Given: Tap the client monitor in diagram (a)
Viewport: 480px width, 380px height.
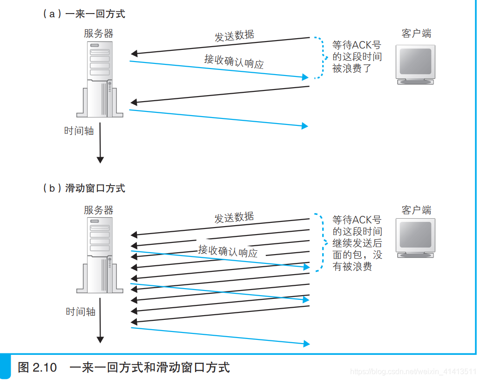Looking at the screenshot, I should [415, 64].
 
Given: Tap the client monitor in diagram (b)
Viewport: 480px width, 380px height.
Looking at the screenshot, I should [415, 238].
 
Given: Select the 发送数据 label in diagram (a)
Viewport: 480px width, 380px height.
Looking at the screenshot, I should [234, 36].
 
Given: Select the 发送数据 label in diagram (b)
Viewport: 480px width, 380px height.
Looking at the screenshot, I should [234, 217].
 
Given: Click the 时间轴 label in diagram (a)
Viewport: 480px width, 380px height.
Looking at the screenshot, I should [79, 131].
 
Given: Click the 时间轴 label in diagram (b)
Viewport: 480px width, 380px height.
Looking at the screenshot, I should [81, 311].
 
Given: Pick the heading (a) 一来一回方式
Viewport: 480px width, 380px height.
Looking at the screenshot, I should [84, 14].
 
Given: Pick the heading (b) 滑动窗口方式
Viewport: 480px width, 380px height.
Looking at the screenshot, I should [84, 188].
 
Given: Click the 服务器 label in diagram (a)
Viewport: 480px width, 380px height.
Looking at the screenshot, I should [98, 34].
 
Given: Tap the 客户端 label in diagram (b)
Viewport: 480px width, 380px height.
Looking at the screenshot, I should [416, 210].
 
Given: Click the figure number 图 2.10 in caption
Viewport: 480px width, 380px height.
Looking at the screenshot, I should [37, 367].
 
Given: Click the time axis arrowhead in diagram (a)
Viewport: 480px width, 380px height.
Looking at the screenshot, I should [100, 159].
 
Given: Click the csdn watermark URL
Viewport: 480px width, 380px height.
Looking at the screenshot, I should [412, 372].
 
